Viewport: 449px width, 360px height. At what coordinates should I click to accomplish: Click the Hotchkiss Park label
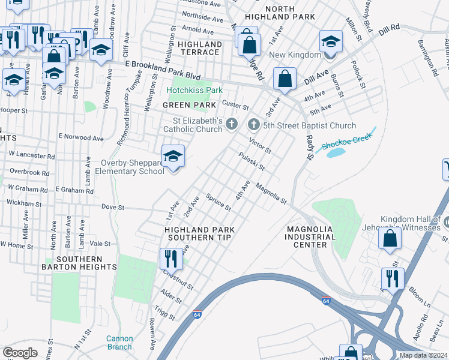click(194, 90)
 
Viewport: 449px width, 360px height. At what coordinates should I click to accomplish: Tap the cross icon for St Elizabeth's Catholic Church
click(234, 124)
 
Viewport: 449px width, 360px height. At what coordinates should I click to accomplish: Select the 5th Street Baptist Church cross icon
click(253, 125)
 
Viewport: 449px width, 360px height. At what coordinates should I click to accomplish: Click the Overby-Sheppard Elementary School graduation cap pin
click(173, 157)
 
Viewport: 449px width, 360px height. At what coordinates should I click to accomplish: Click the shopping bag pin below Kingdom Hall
click(390, 238)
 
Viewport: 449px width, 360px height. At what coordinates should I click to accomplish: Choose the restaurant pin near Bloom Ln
click(393, 278)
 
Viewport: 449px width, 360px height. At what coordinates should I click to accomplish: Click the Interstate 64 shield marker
click(197, 314)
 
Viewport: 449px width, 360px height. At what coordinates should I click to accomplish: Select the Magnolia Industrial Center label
click(315, 237)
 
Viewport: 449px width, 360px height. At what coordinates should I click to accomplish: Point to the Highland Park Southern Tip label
click(199, 233)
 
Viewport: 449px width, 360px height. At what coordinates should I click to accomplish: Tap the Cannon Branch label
click(119, 343)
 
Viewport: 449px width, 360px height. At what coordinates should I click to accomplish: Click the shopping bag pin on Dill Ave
click(285, 78)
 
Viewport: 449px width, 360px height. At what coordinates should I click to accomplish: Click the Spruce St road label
click(218, 202)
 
